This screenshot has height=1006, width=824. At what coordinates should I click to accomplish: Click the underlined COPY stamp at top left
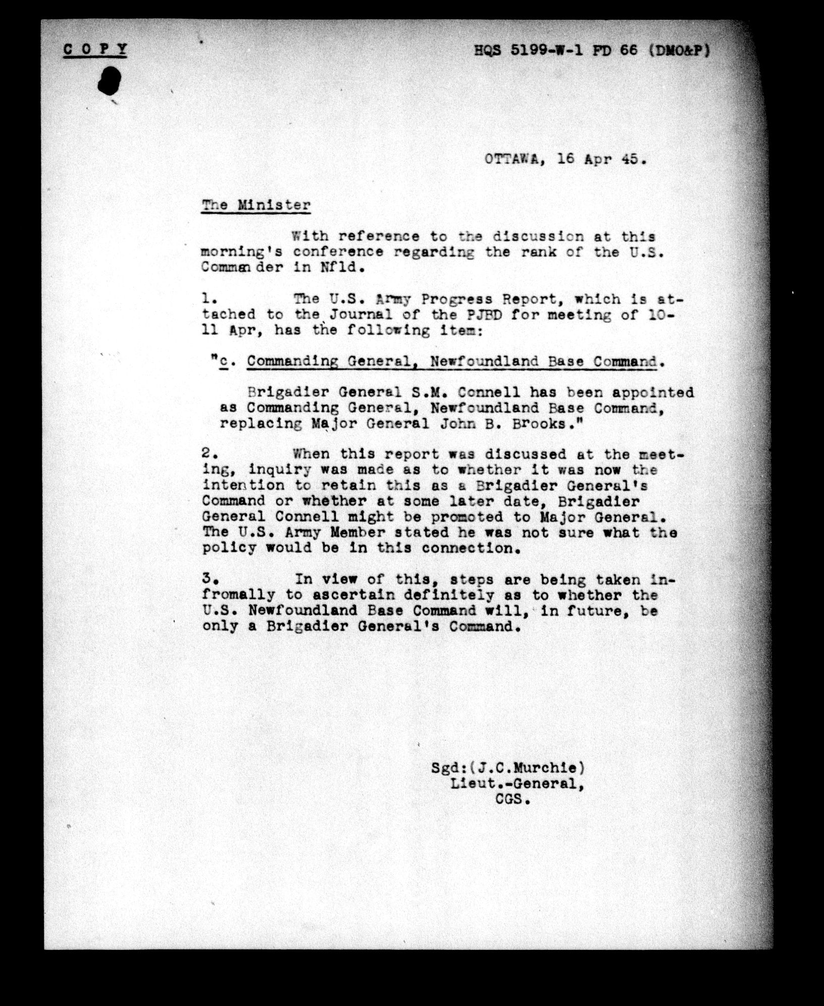(x=95, y=49)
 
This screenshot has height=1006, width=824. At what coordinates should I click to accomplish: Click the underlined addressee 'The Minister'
(x=256, y=206)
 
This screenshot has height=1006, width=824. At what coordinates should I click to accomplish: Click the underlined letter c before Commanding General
(x=224, y=362)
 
